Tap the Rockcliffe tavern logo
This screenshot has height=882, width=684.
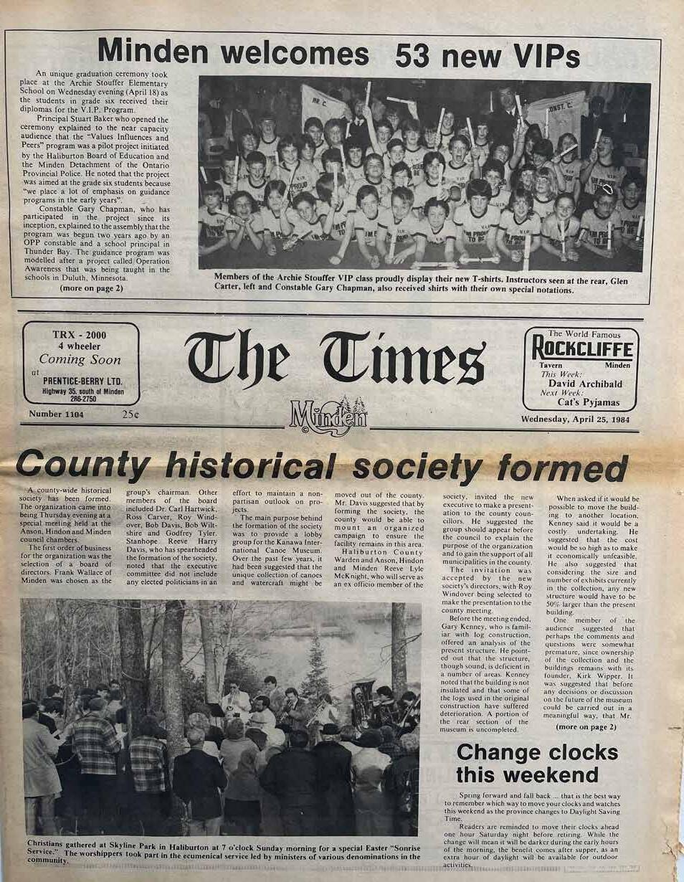[x=581, y=350]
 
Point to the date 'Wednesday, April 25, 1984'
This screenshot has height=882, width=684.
[x=574, y=419]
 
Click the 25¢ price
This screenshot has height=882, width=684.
[x=130, y=414]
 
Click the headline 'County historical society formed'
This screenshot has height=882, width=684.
[x=322, y=467]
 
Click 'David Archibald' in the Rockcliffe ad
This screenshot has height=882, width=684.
[x=590, y=384]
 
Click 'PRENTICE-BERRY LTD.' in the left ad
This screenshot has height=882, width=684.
[x=81, y=380]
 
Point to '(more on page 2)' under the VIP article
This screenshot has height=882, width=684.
[x=92, y=288]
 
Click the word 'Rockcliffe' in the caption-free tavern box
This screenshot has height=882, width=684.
[x=581, y=350]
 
